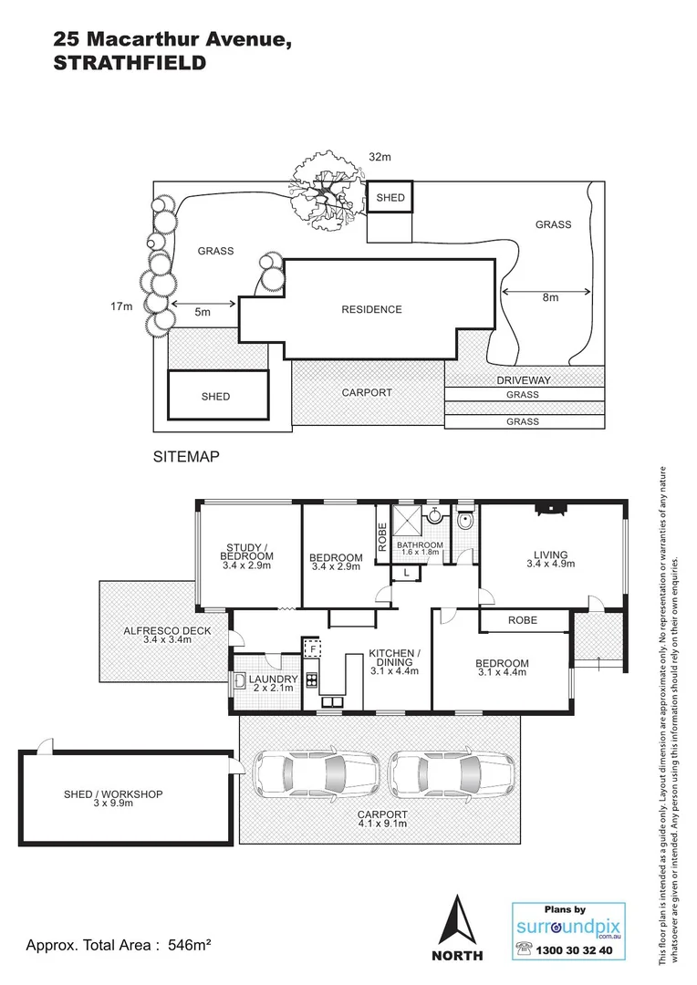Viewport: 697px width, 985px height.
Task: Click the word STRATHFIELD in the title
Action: coord(130,64)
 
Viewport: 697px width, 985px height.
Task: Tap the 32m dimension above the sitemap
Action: coord(380,158)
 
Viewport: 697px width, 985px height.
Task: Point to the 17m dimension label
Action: coord(121,306)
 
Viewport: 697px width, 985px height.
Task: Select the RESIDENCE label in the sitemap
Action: coord(371,309)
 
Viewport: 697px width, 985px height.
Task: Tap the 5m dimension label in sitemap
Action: coord(203,312)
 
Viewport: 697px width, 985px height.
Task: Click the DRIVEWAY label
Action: coord(524,379)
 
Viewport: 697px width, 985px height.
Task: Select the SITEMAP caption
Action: coord(187,457)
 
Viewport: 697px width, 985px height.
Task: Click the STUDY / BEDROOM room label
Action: coord(248,556)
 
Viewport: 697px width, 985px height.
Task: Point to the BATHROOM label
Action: coord(420,545)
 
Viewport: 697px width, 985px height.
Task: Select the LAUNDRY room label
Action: coord(272,680)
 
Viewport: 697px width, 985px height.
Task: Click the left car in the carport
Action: coord(309,772)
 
